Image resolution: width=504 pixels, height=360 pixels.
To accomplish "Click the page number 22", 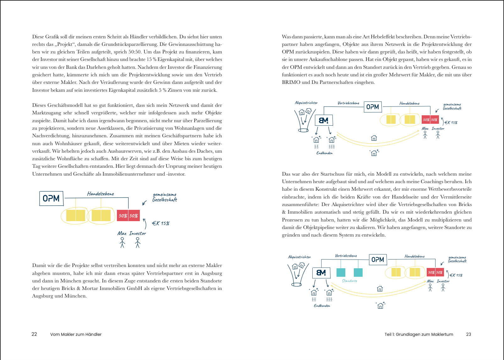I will coord(34,334).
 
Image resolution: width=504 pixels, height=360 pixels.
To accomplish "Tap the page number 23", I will coord(468,334).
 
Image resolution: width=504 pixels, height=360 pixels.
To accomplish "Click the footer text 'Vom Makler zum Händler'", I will coord(76,334).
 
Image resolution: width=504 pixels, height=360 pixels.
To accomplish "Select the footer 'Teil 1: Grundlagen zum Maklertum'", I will coord(419,334).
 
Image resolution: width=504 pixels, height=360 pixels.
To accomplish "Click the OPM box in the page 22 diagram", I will coord(51,199).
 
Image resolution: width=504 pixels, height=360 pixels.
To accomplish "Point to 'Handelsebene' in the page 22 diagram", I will coord(101,194).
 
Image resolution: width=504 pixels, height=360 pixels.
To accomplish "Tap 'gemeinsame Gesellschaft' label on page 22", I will coord(164,197).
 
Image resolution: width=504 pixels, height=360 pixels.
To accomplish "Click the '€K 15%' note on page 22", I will coord(161,223).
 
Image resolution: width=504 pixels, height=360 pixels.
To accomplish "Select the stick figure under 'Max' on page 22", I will coord(122,242).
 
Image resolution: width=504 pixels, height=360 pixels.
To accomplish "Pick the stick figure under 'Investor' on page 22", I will coord(138,242).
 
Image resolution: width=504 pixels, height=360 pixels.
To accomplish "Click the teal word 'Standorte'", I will coord(349,281).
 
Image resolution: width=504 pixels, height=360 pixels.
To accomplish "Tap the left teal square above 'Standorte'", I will coord(341,272).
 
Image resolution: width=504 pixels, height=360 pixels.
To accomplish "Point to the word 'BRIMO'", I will coord(291,82).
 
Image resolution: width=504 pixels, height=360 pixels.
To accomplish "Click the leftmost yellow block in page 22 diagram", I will coord(71,215).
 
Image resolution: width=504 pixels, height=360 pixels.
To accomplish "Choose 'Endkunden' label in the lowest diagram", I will coord(322,306).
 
